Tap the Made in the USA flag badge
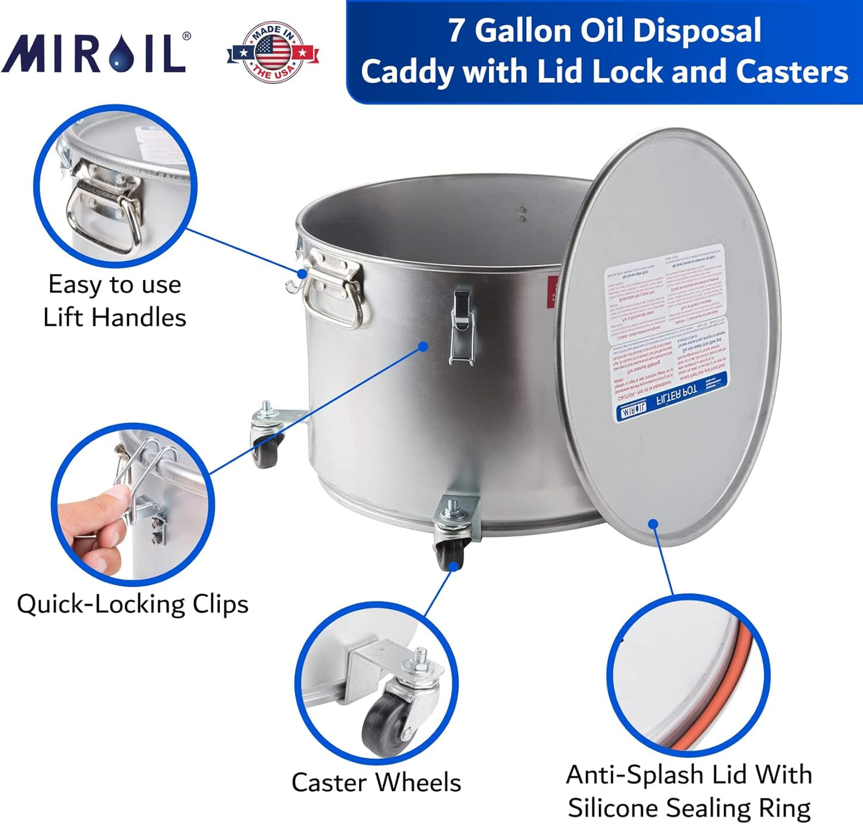point(273,53)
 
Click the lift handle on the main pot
point(334,287)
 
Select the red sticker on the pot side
point(552,292)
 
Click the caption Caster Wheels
point(376,782)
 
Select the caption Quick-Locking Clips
point(133,604)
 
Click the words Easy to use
point(115,284)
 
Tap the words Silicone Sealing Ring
point(689,808)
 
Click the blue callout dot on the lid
point(653,524)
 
